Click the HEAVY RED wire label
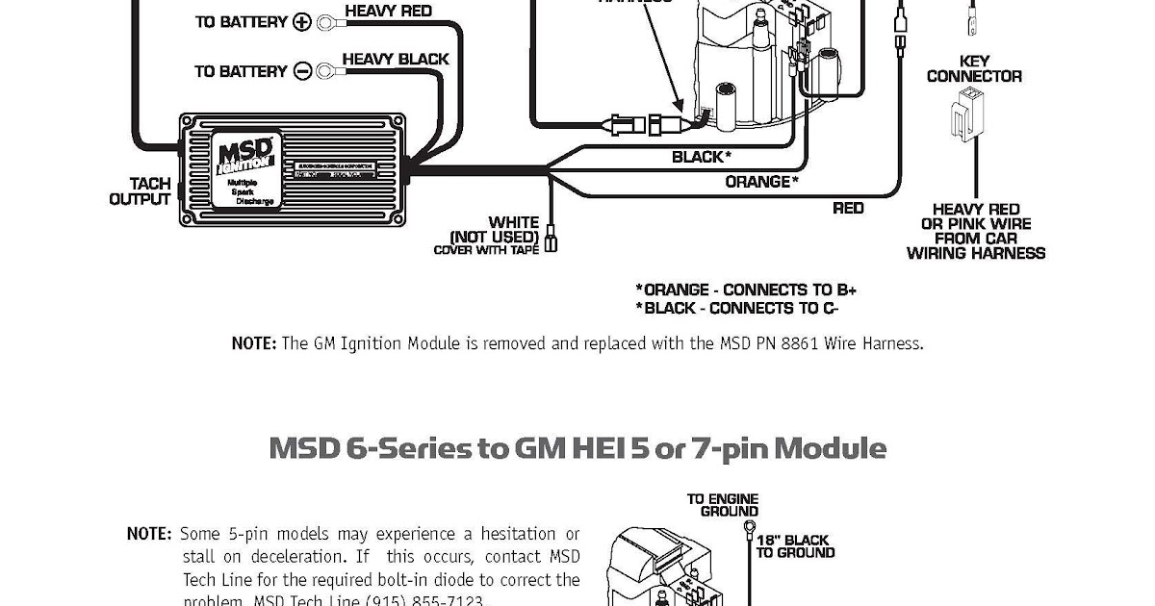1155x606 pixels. (x=388, y=12)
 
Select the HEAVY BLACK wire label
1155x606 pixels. (x=395, y=59)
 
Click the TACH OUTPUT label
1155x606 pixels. (x=140, y=191)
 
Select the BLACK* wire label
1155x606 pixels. (x=701, y=156)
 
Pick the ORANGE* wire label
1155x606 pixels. (x=761, y=181)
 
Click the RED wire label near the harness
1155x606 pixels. (x=848, y=208)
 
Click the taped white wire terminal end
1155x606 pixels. (x=551, y=239)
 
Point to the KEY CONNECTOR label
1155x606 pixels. (x=974, y=68)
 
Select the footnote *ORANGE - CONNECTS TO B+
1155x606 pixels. (x=746, y=290)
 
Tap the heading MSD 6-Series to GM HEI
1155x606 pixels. (x=577, y=449)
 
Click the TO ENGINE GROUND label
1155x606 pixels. (x=722, y=505)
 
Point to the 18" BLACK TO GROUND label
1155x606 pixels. (x=793, y=546)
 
